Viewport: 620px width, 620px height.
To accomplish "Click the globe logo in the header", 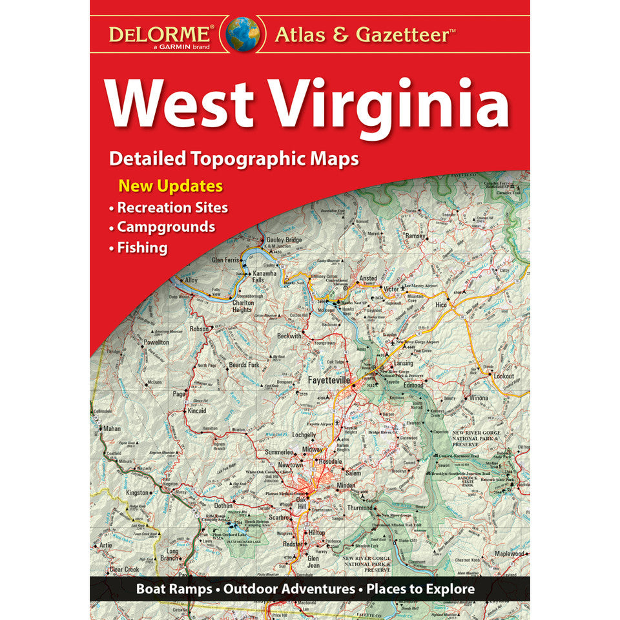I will tap(242, 34).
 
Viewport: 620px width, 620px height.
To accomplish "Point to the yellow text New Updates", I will tap(170, 187).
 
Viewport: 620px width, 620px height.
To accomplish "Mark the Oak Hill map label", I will tap(302, 503).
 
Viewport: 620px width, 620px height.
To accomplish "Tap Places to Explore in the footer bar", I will tap(420, 589).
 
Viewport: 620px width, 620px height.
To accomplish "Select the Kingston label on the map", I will tap(137, 492).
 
